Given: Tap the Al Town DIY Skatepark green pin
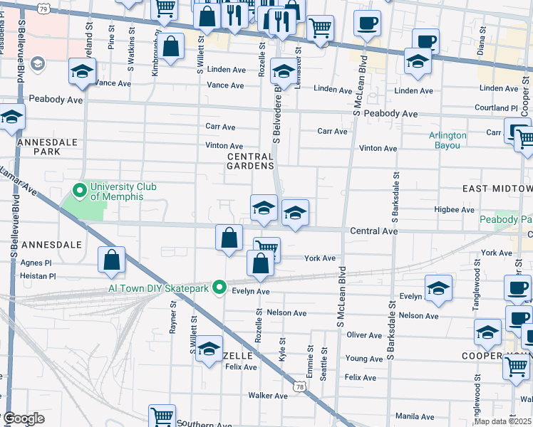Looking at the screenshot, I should coord(220,288).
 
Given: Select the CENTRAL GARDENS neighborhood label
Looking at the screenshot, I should coord(250,161).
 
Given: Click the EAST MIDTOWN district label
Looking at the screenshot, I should coord(497,189).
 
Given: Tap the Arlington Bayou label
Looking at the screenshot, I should coord(447,140).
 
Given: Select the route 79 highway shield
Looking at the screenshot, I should coord(44,9).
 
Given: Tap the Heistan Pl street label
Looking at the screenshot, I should coord(38,276).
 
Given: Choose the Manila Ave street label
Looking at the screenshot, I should coord(414,416).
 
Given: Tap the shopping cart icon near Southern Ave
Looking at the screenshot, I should coord(162,416).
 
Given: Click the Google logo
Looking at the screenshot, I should coord(24,418).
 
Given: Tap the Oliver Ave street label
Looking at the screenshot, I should coord(364,334).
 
